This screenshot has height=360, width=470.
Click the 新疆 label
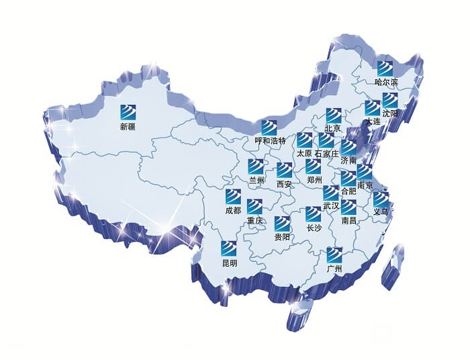[128, 126]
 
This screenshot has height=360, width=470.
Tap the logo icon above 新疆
[128, 111]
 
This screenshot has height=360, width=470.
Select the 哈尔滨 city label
[386, 83]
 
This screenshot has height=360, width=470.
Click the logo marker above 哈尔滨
[385, 68]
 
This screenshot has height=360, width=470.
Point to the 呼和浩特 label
[270, 141]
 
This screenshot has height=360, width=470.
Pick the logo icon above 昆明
[230, 249]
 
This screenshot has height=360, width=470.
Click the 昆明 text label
[230, 263]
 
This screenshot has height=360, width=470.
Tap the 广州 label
[334, 269]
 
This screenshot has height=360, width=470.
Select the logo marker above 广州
[334, 255]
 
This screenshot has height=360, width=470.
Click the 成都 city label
[232, 211]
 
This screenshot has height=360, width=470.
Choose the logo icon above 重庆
[255, 206]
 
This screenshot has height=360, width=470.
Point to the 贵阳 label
[282, 237]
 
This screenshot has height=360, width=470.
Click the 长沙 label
[314, 228]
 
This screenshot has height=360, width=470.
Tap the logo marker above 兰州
[256, 166]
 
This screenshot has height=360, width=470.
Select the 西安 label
[284, 184]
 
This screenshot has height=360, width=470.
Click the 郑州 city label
[314, 180]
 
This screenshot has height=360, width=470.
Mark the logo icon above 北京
[334, 115]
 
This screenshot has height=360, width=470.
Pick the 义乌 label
[381, 212]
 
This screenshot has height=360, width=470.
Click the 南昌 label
[349, 220]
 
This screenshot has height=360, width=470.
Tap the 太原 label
[304, 154]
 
